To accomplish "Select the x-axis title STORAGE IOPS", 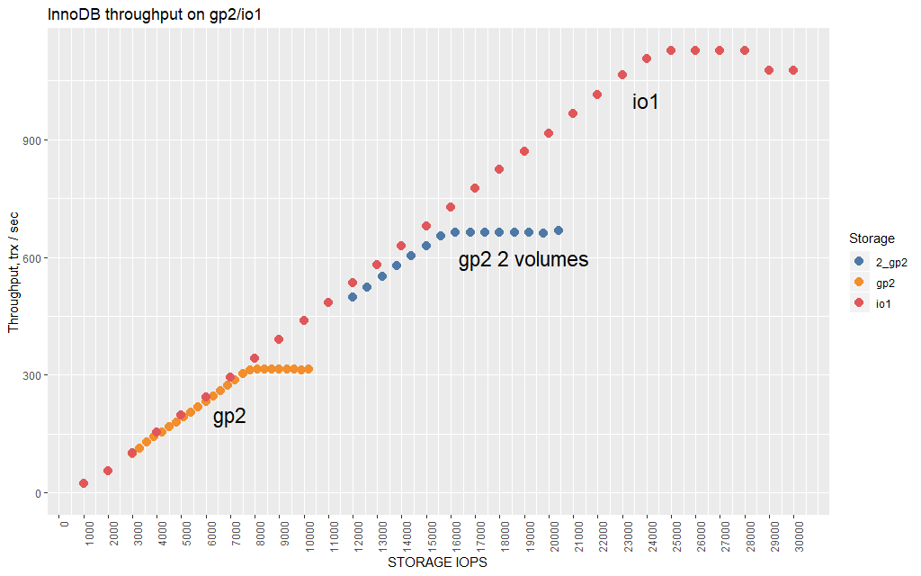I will click(437, 563).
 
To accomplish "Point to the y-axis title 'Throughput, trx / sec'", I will click(13, 272).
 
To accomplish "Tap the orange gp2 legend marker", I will click(859, 283).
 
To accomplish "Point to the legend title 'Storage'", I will click(872, 238).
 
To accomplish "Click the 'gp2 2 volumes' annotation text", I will click(523, 260).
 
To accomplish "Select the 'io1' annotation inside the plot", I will click(646, 103).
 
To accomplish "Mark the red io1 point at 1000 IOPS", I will click(84, 483).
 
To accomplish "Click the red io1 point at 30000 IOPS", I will click(793, 70).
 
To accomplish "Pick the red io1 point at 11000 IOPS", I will click(328, 302).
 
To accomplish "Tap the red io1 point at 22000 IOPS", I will click(597, 94).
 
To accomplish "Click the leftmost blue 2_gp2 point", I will click(353, 297).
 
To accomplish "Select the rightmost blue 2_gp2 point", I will click(559, 230).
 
